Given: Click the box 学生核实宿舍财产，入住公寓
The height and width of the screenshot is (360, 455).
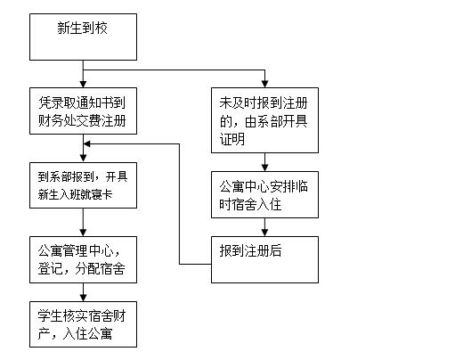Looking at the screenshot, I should (83, 323).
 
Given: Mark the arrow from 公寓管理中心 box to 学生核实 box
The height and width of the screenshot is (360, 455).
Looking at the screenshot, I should (83, 291).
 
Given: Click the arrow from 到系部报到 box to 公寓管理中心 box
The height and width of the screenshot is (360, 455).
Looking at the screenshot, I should (83, 221).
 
